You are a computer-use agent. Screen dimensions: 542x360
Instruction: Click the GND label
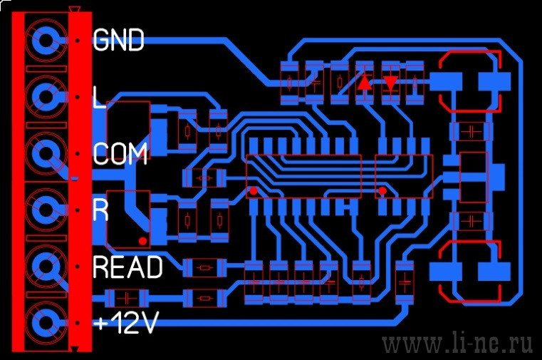[118, 40]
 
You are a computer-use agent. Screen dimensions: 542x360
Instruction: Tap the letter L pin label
[99, 97]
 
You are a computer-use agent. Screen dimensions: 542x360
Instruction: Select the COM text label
[120, 153]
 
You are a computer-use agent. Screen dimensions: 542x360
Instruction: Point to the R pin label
[100, 210]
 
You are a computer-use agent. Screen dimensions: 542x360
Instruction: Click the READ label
[127, 267]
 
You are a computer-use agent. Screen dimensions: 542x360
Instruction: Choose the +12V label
[126, 323]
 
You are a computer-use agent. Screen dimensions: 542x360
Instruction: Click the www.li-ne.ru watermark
[457, 344]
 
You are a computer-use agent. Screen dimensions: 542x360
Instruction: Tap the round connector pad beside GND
[46, 40]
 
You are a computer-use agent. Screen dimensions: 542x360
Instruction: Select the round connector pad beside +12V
[46, 323]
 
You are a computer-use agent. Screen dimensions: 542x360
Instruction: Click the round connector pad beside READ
[46, 267]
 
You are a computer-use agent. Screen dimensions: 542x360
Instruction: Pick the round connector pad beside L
[46, 97]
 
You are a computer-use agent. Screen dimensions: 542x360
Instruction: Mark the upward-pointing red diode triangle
[365, 83]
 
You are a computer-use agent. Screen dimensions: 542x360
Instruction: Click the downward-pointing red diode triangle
[390, 83]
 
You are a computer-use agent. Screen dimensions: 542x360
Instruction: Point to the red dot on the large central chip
[254, 191]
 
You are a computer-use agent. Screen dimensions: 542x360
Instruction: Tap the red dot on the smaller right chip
[382, 190]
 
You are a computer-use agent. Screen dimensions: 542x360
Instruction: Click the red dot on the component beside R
[142, 241]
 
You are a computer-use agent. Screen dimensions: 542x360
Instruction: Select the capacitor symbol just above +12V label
[127, 298]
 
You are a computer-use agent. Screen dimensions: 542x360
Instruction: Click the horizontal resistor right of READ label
[204, 267]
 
